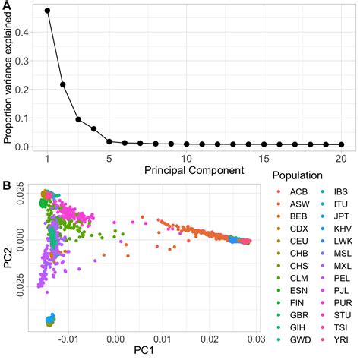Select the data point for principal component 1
(47, 11)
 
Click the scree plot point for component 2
(63, 84)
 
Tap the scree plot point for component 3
(78, 119)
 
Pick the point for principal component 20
(341, 144)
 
